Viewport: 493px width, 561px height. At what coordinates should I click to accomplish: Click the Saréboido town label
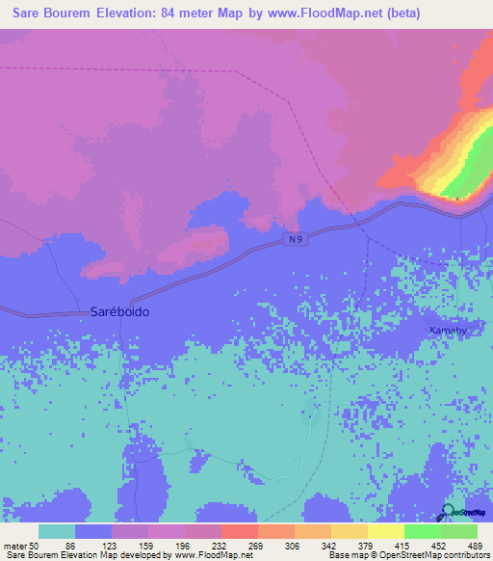[119, 312]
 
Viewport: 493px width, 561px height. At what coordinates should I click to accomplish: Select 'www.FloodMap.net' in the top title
[324, 13]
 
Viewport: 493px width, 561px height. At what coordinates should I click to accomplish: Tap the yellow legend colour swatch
[385, 531]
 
